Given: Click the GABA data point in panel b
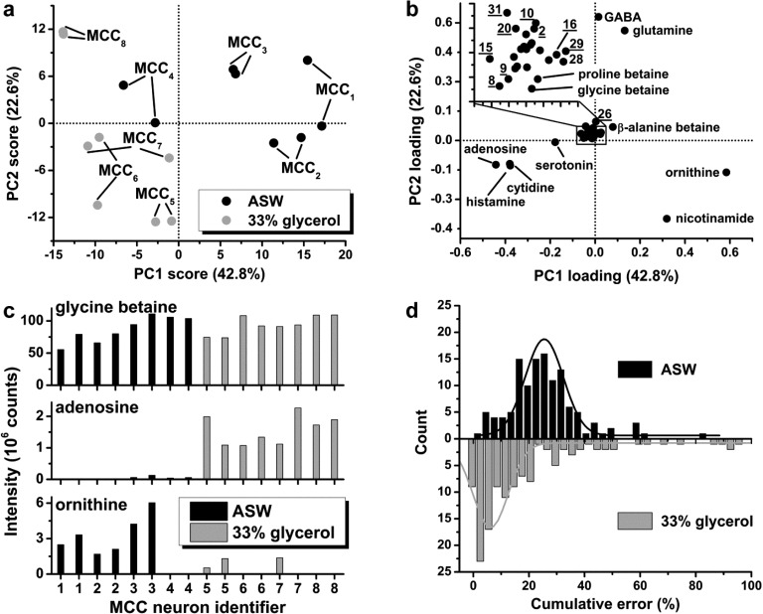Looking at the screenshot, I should tap(598, 16).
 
